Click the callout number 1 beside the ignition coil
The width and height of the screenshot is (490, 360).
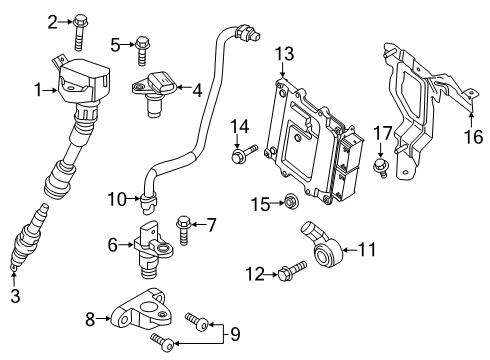(x=38, y=90)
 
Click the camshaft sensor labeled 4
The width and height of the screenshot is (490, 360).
(x=154, y=87)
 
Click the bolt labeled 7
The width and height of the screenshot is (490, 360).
(x=184, y=228)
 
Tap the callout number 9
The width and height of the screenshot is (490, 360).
(x=237, y=333)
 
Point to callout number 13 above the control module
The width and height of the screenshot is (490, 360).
(x=285, y=53)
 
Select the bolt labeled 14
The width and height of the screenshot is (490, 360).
(x=243, y=153)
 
